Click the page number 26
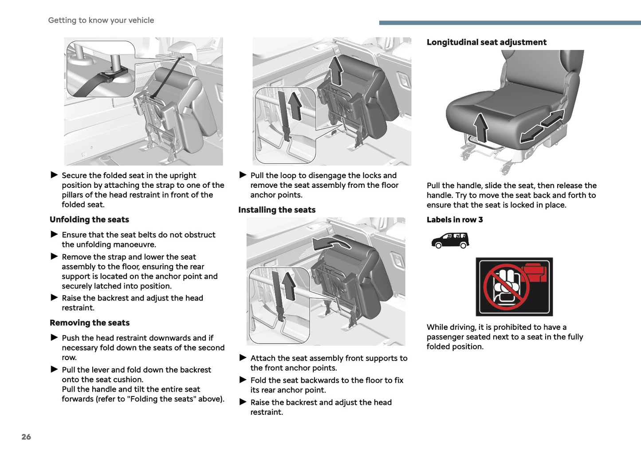click(26, 436)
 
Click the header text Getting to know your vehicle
click(101, 20)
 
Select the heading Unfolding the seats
click(89, 219)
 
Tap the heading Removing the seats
click(90, 323)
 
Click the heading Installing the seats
click(277, 210)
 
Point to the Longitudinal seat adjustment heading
click(486, 42)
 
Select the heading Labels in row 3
click(455, 219)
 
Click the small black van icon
click(450, 240)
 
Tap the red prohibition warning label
click(514, 287)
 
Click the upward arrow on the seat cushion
click(480, 127)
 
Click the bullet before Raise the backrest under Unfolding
click(54, 297)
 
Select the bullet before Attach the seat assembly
click(243, 357)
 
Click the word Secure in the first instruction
click(74, 175)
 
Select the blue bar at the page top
click(510, 22)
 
